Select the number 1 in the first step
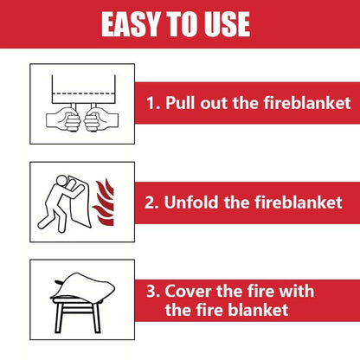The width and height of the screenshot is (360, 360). (x=151, y=104)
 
